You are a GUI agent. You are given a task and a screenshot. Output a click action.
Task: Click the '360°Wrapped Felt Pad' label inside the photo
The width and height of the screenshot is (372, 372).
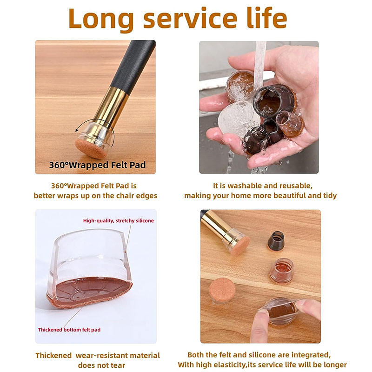point(97,165)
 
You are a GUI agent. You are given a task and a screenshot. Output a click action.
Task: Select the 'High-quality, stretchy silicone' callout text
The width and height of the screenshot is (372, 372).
point(119,220)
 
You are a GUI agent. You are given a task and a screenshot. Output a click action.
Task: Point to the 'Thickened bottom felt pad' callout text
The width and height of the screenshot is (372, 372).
point(69,330)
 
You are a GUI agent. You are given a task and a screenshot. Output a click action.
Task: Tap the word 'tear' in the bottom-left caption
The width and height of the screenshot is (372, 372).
point(117,365)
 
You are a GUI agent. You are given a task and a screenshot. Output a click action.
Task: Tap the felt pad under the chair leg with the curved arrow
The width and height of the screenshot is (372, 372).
point(90,148)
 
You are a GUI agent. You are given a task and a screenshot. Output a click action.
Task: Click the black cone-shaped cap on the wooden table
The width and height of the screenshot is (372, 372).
point(276,241)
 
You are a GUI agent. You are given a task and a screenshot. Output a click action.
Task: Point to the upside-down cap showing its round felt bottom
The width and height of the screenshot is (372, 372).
point(222,291)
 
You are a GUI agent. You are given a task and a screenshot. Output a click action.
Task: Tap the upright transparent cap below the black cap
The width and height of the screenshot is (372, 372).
point(282,271)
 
